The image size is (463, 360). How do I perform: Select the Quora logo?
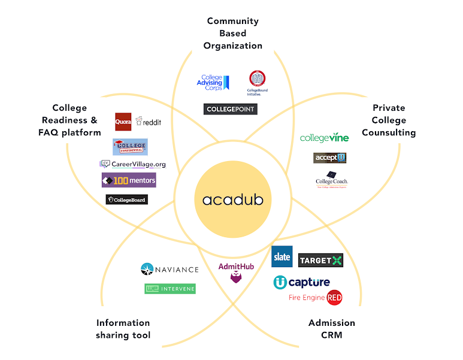pos(123,122)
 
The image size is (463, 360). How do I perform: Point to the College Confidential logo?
pos(130,147)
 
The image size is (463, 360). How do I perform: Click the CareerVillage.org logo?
pos(133,164)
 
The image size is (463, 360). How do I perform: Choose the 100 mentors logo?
pos(129,180)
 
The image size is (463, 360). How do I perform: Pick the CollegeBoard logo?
pos(126,199)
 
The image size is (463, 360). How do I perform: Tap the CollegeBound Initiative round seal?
pos(258,79)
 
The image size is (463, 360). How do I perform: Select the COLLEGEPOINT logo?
pos(231,109)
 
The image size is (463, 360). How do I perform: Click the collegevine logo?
pos(324,138)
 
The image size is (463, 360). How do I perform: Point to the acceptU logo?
pos(330,158)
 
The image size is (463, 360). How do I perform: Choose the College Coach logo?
pos(332,179)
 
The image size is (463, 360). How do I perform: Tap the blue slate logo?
pos(282,256)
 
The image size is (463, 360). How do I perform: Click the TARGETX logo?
pos(320,260)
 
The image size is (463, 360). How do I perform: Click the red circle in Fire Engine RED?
pos(334,297)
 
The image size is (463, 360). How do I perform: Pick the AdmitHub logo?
pos(230,273)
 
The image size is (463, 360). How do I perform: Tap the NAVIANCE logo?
pos(170,270)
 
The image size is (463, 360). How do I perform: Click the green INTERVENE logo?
pos(170,289)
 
